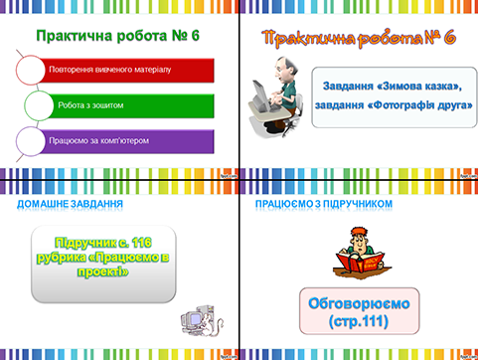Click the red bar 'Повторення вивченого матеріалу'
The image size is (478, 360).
(124, 71)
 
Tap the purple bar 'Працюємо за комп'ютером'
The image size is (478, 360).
(124, 140)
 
